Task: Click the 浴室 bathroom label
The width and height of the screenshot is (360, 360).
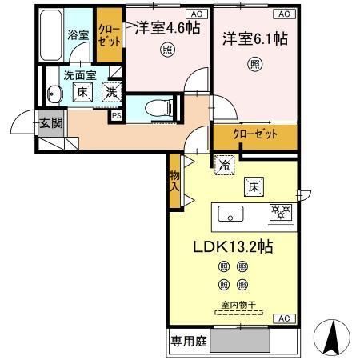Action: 78,37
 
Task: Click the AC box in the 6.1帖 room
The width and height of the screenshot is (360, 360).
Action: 282,14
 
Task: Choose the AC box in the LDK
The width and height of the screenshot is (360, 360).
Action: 282,318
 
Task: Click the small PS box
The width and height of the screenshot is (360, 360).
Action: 117,116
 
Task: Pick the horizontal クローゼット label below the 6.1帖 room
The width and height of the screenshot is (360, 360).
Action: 254,134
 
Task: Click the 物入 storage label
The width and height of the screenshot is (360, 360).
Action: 174,181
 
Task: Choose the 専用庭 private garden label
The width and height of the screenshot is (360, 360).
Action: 187,340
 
